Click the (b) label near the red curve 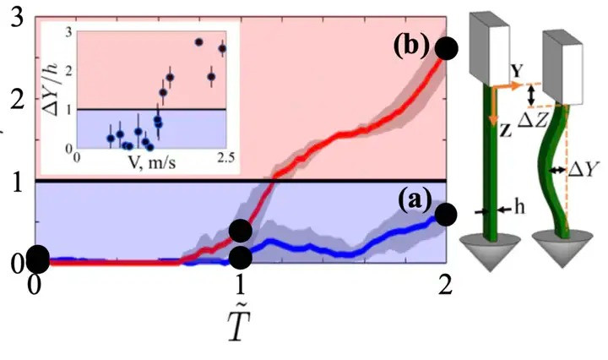tap(411, 46)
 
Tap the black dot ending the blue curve tap(448, 213)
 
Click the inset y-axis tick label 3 tap(68, 32)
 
